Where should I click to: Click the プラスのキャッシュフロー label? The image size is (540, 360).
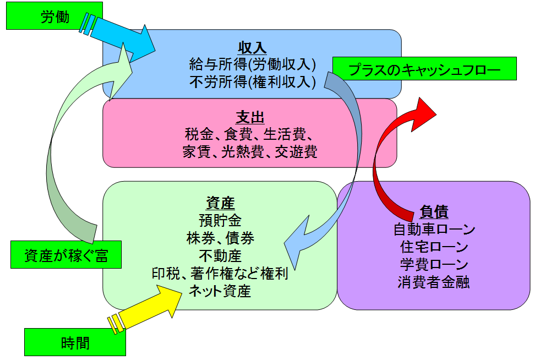(x=424, y=70)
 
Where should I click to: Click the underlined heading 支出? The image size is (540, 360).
(x=250, y=117)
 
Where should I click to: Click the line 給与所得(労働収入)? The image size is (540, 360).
(x=252, y=64)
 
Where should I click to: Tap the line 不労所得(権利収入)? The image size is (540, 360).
(x=252, y=82)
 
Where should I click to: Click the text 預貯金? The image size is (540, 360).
(x=220, y=221)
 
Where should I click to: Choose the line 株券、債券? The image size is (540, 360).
(x=220, y=238)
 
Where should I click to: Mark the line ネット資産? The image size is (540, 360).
(x=220, y=291)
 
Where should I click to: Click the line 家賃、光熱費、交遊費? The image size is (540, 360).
(x=250, y=152)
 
